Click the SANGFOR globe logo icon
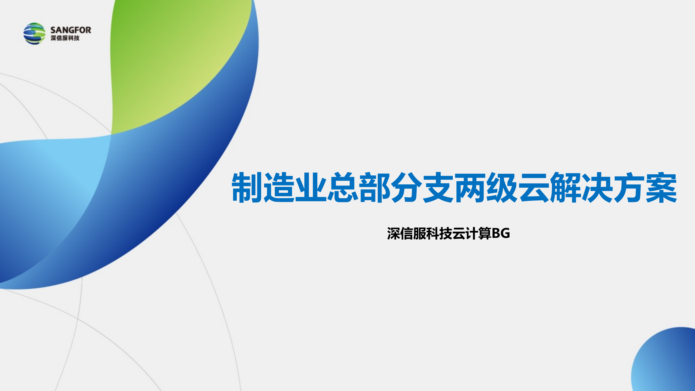pos(34,34)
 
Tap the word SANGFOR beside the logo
pos(71,30)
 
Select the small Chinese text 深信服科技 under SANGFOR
pos(65,38)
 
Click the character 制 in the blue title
pos(247,187)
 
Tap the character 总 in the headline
pos(343,187)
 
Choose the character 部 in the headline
pos(375,187)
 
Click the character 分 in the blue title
pos(406,187)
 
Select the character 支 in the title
pos(438,187)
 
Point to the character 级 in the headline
pos(502,187)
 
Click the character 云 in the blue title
pos(534,187)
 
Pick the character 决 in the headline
pos(598,187)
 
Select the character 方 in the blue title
pos(630,187)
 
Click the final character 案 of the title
pos(661,187)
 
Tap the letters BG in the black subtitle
pos(501,233)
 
